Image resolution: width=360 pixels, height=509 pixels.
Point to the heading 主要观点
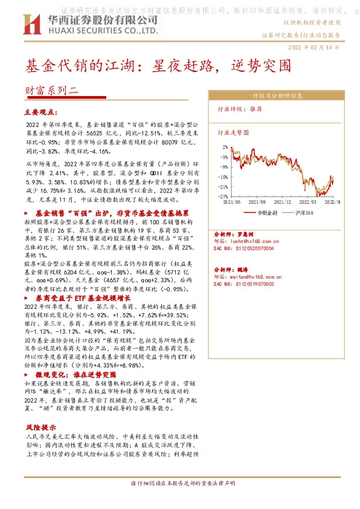41,112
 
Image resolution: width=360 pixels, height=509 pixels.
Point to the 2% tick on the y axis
225,147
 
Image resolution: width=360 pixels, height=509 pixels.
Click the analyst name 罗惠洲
243,233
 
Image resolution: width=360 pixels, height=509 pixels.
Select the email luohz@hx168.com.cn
259,241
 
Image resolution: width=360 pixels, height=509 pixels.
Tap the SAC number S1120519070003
252,284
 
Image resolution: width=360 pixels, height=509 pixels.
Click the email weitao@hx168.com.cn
260,276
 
